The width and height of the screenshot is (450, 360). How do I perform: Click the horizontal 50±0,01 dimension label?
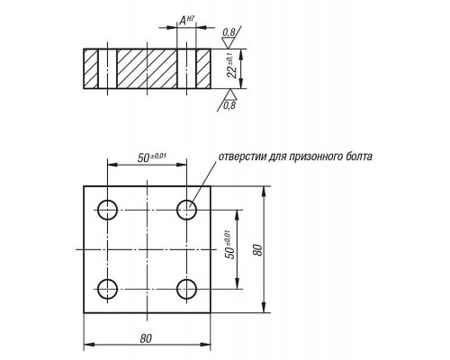pyautogui.click(x=152, y=157)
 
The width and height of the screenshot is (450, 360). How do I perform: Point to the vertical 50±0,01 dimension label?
pyautogui.click(x=230, y=244)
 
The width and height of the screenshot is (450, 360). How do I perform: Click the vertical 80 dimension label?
pyautogui.click(x=257, y=250)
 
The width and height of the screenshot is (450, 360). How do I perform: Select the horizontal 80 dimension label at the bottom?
pyautogui.click(x=146, y=338)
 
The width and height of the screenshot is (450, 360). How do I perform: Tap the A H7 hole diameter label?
pyautogui.click(x=186, y=21)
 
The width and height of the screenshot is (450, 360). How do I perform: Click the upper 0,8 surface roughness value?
pyautogui.click(x=229, y=32)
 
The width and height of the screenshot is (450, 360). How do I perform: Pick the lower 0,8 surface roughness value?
pyautogui.click(x=229, y=105)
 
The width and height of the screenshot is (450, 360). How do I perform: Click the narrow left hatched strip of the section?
pyautogui.click(x=91, y=68)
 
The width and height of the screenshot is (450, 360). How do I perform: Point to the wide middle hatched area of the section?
pyautogui.click(x=147, y=68)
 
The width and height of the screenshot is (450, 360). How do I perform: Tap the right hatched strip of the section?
pyautogui.click(x=203, y=68)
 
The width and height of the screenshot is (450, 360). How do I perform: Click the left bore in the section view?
pyautogui.click(x=107, y=68)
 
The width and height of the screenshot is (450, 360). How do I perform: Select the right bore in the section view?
pyautogui.click(x=186, y=68)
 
